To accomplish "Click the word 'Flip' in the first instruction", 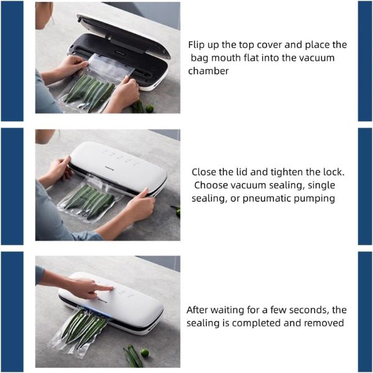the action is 196,45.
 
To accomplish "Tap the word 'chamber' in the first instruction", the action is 208,71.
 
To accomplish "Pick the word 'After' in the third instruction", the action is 197,310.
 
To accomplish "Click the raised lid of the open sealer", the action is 124,34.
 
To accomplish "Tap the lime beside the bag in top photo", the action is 149,109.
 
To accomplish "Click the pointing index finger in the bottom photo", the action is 103,288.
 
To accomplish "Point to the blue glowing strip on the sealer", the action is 98,312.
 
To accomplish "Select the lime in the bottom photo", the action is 144,352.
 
